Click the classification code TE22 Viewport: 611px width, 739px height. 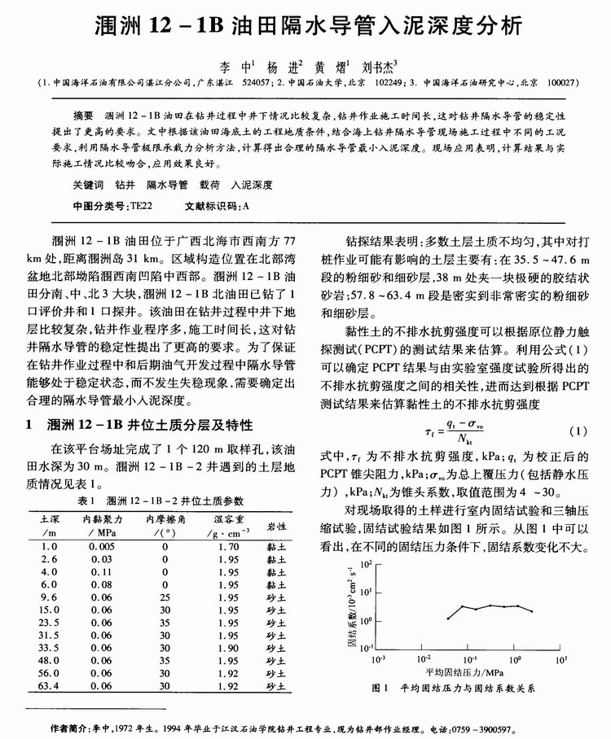point(142,208)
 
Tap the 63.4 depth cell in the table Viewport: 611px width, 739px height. point(48,686)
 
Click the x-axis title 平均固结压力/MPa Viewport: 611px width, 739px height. point(468,672)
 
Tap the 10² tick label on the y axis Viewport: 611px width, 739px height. point(364,563)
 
